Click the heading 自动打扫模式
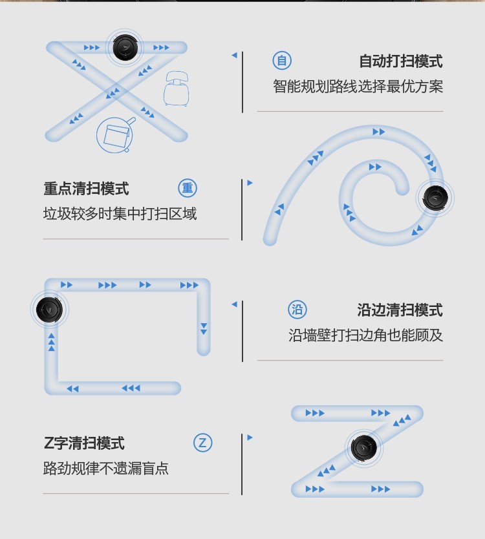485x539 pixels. tap(401, 61)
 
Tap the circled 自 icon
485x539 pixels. tap(282, 61)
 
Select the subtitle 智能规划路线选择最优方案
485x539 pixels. tap(358, 87)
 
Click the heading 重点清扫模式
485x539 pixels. tap(87, 188)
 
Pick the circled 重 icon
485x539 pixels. tap(188, 188)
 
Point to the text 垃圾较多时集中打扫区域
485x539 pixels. tap(120, 213)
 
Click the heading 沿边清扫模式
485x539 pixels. tap(400, 310)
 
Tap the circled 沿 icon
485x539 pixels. tap(297, 310)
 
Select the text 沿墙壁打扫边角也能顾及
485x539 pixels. tap(365, 335)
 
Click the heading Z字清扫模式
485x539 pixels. tap(84, 443)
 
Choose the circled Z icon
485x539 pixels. tap(202, 443)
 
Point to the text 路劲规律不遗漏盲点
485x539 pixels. tap(106, 468)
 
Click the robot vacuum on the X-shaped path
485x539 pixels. tap(125, 47)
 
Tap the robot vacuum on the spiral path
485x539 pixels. tap(435, 198)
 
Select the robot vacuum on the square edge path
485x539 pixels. tap(50, 310)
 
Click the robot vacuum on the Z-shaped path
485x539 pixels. tap(364, 448)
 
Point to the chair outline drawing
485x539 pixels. tap(176, 89)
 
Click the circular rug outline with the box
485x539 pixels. tap(115, 134)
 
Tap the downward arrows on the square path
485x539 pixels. tap(204, 328)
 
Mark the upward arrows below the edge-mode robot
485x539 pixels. tap(51, 342)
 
